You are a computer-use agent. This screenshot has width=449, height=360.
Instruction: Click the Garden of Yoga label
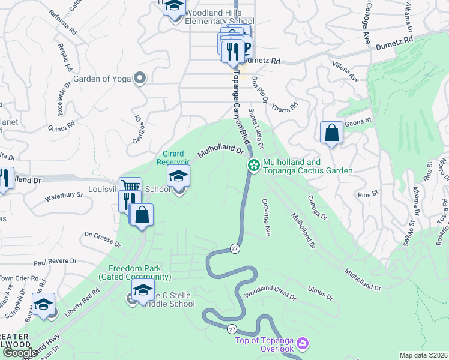pyautogui.click(x=102, y=79)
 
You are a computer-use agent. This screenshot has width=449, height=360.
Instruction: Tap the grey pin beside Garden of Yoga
pyautogui.click(x=140, y=78)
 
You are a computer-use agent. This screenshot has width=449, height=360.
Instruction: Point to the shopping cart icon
pyautogui.click(x=130, y=187)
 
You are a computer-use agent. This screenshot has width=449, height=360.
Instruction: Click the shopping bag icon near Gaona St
pyautogui.click(x=331, y=133)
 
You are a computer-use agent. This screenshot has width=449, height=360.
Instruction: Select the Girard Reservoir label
pyautogui.click(x=173, y=157)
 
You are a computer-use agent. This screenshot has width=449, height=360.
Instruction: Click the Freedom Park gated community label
pyautogui.click(x=139, y=272)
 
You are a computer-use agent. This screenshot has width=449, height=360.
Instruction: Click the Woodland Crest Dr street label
pyautogui.click(x=270, y=296)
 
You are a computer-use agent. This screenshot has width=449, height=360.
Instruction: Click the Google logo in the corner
pyautogui.click(x=20, y=353)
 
